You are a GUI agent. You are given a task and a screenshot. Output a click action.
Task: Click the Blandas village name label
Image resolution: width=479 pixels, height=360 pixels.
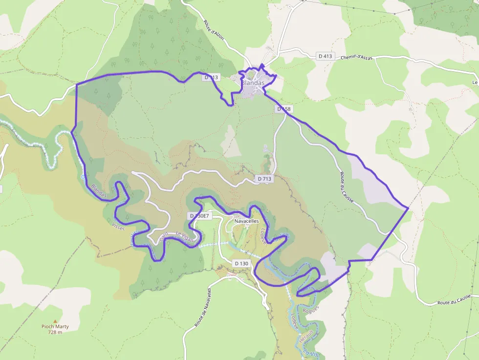pyautogui.click(x=253, y=83)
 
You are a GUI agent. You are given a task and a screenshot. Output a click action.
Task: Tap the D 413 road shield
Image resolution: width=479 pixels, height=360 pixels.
pyautogui.click(x=325, y=56)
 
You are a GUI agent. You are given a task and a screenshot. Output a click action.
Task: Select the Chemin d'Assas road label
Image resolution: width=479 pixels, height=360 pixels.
pyautogui.click(x=356, y=57)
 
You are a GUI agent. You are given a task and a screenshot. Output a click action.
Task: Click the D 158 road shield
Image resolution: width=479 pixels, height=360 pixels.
pyautogui.click(x=283, y=109)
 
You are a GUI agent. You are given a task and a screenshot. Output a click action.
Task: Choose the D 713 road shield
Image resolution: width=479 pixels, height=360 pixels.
pyautogui.click(x=264, y=179)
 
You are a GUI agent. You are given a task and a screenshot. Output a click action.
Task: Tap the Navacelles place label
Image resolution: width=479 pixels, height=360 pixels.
pyautogui.click(x=246, y=221)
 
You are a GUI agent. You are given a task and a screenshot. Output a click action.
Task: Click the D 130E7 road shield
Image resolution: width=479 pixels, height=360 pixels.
pyautogui.click(x=199, y=216)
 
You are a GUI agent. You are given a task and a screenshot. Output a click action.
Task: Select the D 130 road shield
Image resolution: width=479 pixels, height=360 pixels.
pyautogui.click(x=242, y=263)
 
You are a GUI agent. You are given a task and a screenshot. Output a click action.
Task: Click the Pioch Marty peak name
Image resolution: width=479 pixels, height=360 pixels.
pyautogui.click(x=55, y=327)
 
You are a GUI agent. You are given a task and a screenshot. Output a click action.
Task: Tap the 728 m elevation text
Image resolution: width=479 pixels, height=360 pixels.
pyautogui.click(x=55, y=333)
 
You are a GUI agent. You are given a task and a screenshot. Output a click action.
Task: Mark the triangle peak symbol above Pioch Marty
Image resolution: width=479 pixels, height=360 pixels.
pyautogui.click(x=55, y=321)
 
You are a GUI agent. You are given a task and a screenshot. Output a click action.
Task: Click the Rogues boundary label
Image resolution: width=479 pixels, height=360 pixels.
pyautogui.click(x=310, y=309)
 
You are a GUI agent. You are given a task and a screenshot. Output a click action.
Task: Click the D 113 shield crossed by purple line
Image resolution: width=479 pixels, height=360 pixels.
pyautogui.click(x=212, y=77)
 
